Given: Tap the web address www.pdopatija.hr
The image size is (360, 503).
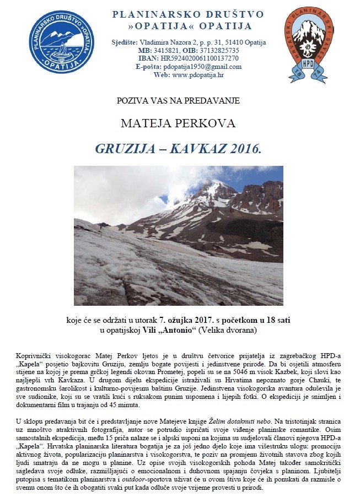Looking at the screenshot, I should point(197,75).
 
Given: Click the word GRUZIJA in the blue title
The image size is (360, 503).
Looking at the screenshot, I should point(122,148).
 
